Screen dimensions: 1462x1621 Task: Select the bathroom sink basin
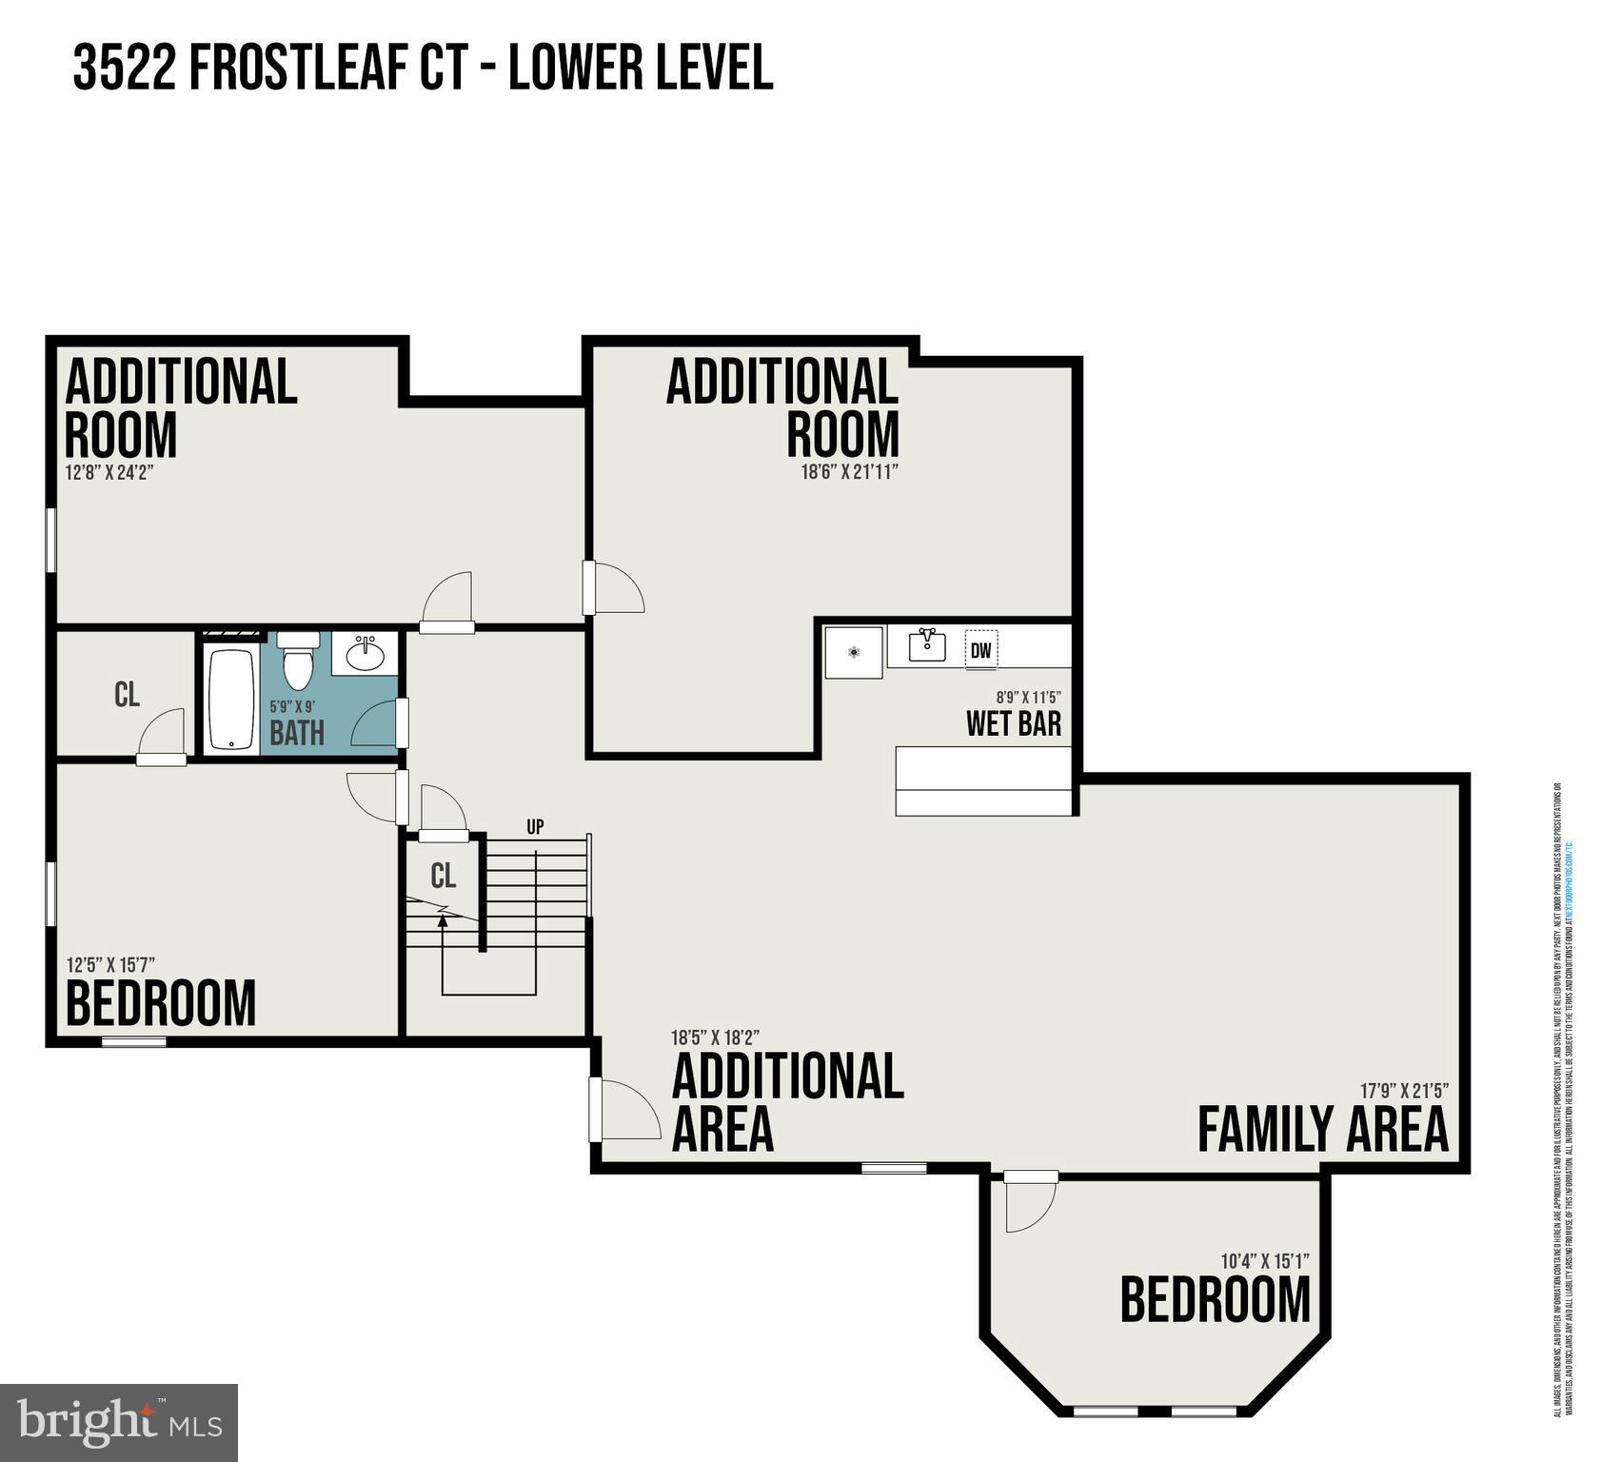click(x=365, y=654)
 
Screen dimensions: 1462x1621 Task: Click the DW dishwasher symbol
click(x=980, y=651)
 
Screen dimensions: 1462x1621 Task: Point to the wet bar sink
click(x=926, y=646)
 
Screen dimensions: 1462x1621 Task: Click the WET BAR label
click(x=1013, y=724)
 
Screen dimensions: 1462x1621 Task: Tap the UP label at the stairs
click(x=535, y=826)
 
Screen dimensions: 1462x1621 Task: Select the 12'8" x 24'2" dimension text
click(x=109, y=471)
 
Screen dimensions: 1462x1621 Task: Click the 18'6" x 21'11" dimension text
click(x=849, y=471)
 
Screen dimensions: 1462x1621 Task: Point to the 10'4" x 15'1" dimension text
click(x=1264, y=1261)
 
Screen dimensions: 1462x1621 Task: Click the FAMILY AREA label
click(x=1322, y=1130)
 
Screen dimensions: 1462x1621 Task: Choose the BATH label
click(x=297, y=734)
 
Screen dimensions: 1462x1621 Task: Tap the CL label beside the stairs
click(x=443, y=876)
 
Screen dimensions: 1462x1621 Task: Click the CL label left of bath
click(x=127, y=695)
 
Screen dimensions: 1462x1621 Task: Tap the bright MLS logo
click(x=119, y=1423)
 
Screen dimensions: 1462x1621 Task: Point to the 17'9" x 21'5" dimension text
click(x=1404, y=1091)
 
